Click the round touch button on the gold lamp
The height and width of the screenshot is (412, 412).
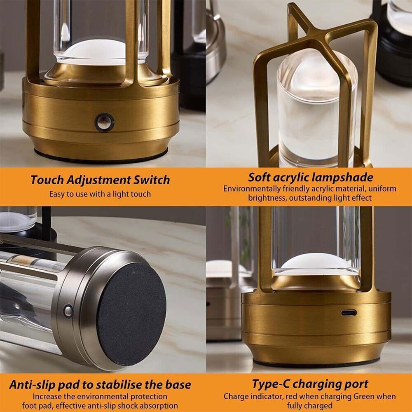click(x=104, y=122)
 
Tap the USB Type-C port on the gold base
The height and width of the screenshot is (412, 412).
click(x=349, y=313)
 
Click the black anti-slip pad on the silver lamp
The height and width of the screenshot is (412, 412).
click(x=131, y=314)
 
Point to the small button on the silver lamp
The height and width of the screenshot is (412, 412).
click(x=68, y=311)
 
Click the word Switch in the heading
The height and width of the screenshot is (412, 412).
click(x=152, y=180)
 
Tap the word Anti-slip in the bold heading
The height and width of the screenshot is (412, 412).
click(x=32, y=385)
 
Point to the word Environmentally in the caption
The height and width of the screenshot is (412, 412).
click(x=252, y=189)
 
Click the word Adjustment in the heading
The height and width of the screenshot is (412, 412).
click(x=99, y=180)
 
